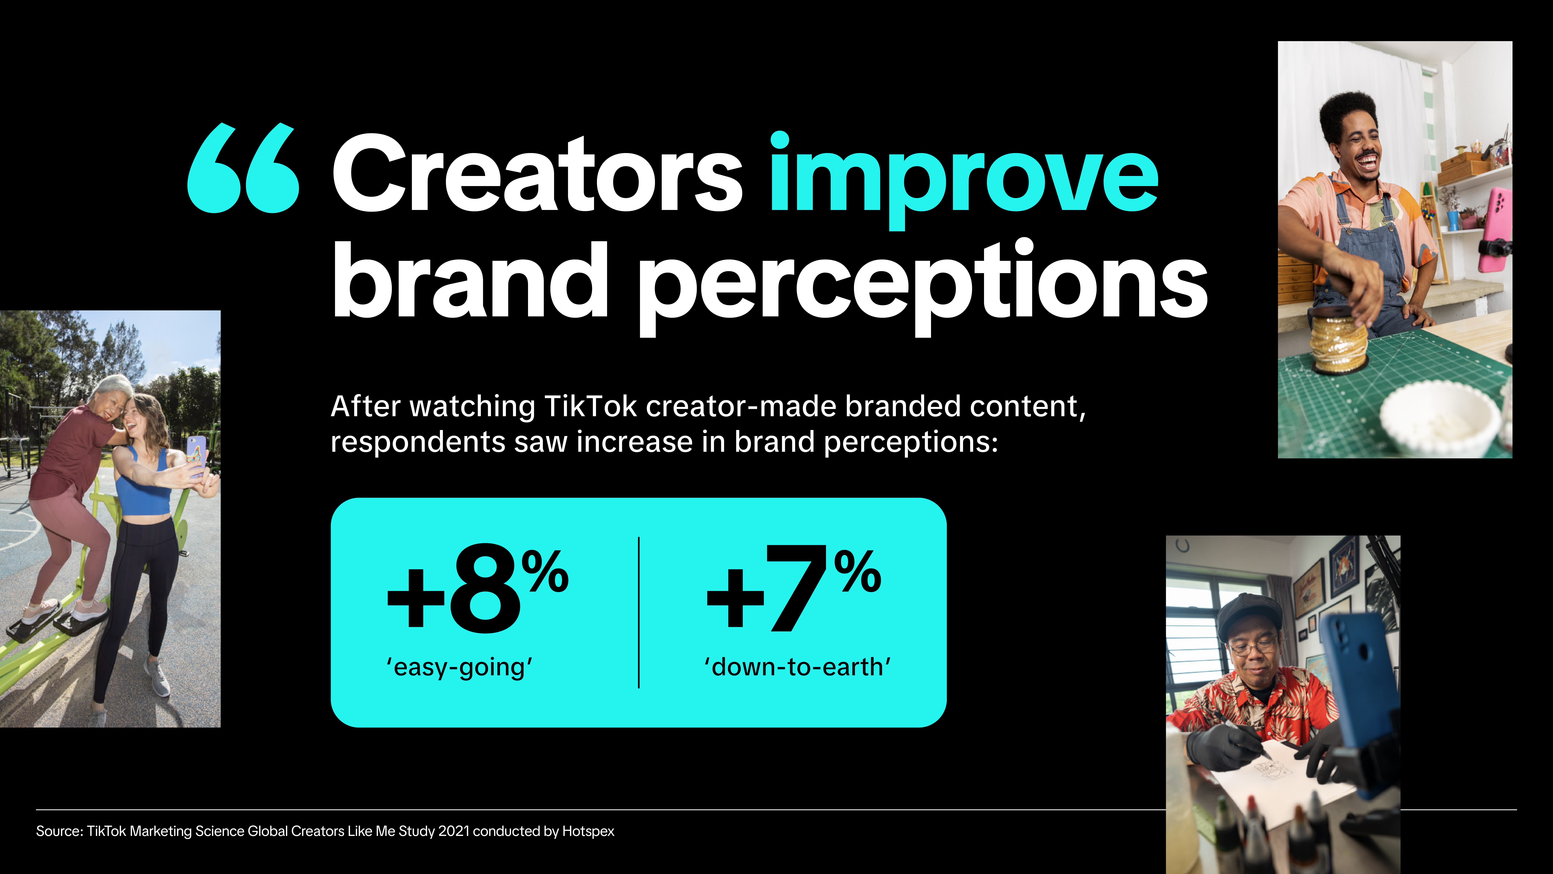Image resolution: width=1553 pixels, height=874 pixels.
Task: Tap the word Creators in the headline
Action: [537, 175]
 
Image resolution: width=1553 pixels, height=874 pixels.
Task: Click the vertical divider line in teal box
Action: [638, 612]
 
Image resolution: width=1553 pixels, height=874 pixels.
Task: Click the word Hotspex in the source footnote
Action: [588, 831]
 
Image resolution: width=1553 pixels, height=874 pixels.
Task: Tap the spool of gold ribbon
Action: [1338, 344]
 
